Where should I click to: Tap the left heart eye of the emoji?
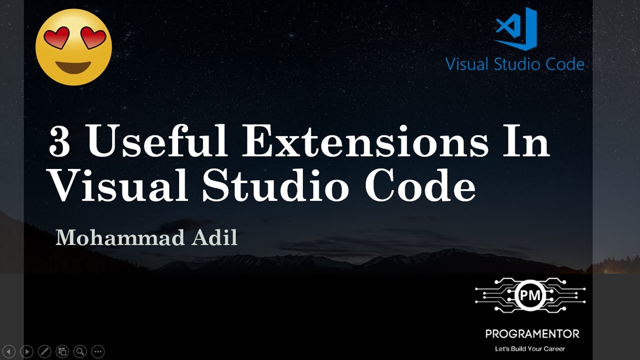pos(56,38)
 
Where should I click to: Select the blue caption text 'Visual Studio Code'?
pos(514,64)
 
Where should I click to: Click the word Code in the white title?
pos(420,185)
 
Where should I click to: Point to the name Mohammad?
pos(119,237)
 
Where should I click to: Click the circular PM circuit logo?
pos(530,295)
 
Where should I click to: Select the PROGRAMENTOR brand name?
pos(532,333)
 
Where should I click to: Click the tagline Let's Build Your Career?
pos(529,348)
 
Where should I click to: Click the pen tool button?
pos(44,351)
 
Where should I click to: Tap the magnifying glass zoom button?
pos(80,351)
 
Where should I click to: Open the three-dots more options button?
pos(98,351)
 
